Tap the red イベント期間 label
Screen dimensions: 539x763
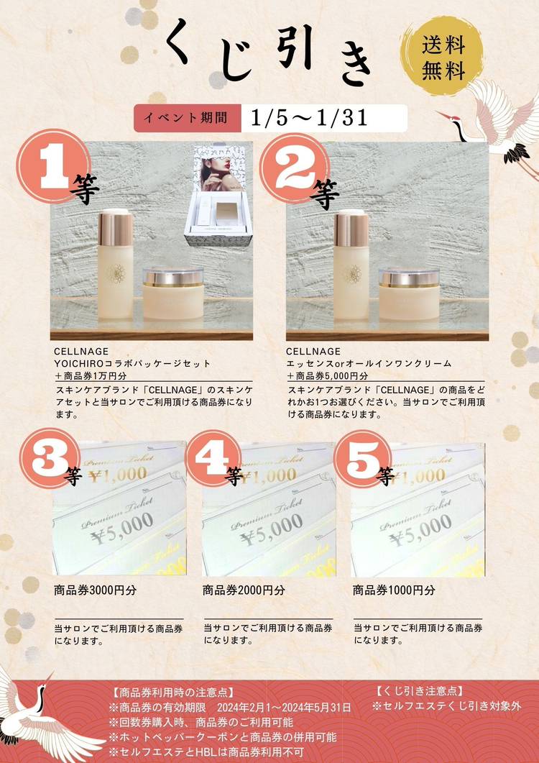tap(188, 118)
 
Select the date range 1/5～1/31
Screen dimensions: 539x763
tap(310, 118)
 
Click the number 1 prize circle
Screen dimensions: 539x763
tap(53, 166)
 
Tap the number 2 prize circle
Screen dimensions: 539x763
tap(295, 168)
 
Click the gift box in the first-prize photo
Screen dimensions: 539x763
tap(218, 196)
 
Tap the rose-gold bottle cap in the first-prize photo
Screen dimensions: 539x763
tap(116, 227)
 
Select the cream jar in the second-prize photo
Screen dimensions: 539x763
tap(409, 293)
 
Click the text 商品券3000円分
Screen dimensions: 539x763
tap(96, 590)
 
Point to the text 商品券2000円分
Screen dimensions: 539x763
tap(244, 590)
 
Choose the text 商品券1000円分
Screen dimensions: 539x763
tap(394, 590)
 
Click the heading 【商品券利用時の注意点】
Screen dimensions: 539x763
tap(172, 692)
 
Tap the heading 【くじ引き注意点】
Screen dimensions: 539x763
tap(419, 690)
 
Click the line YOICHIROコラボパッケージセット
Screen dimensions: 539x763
tap(132, 363)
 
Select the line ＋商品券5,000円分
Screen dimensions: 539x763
tap(328, 375)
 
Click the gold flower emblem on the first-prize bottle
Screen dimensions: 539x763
tap(116, 273)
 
